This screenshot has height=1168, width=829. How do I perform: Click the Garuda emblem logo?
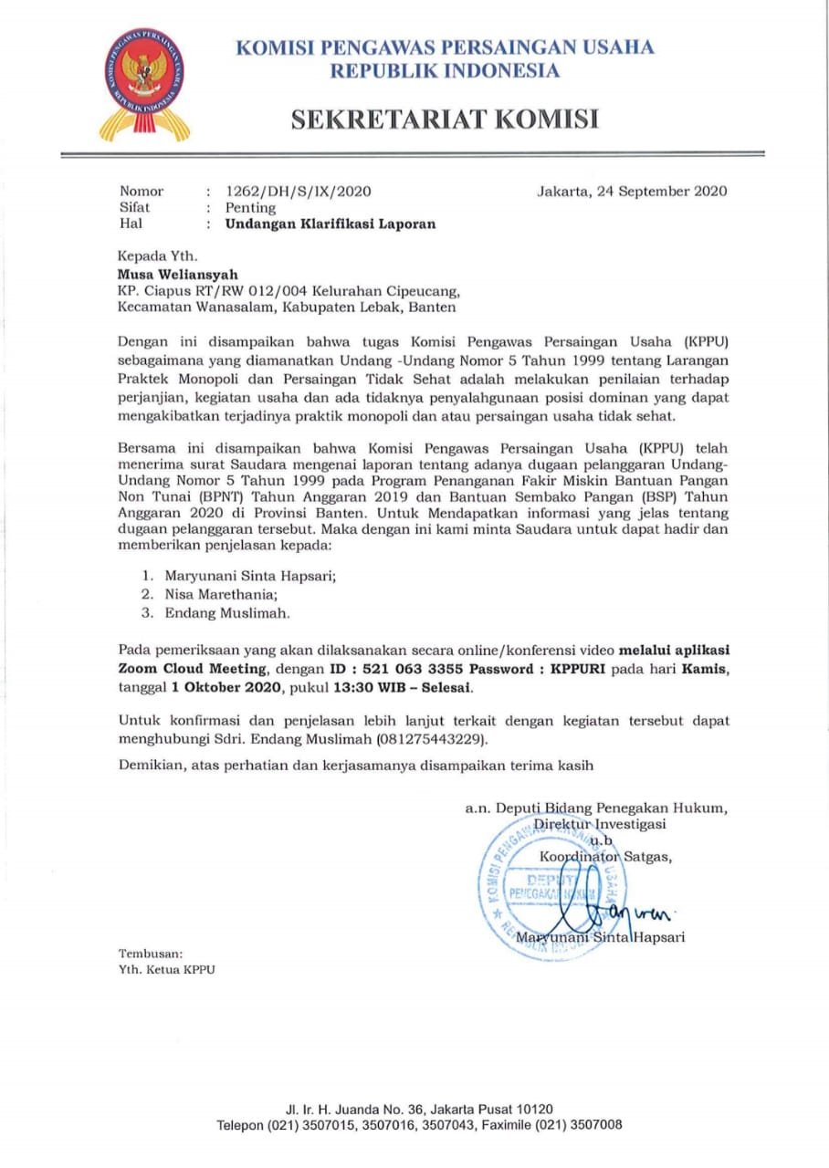tap(144, 83)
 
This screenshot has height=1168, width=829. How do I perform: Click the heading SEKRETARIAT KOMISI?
tap(445, 119)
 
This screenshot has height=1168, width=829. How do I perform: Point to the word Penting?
tap(250, 208)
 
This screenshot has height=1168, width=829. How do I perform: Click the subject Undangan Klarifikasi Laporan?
tap(331, 224)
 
